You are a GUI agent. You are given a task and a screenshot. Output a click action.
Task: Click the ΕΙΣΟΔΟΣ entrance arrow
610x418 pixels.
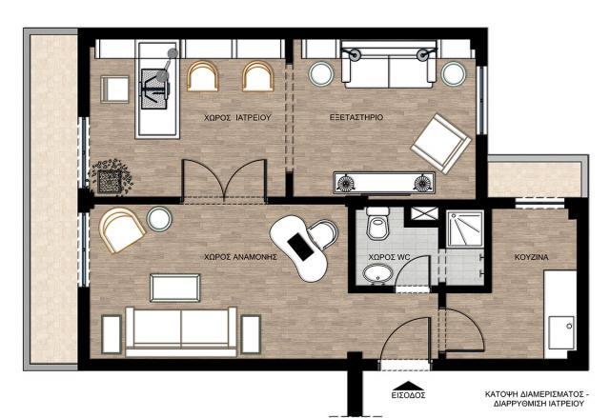pos(408,386)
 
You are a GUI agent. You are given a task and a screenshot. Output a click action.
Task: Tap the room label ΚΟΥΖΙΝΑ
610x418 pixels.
pos(532,257)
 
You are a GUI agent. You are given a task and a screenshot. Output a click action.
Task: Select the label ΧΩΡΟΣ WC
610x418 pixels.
pos(389,257)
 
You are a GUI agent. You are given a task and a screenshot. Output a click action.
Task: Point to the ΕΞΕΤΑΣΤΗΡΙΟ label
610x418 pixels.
pos(356,117)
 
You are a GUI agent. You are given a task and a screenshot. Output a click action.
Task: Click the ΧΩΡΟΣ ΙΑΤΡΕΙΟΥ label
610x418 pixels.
pos(237,117)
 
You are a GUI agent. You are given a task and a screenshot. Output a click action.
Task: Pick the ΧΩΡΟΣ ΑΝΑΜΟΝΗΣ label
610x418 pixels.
pos(240,257)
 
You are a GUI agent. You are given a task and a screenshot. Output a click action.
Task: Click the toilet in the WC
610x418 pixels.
pos(377,223)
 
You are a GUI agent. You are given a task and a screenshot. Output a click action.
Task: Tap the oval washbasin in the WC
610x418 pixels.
pos(378,273)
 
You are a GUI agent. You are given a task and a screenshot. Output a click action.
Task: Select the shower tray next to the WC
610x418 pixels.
pos(464,229)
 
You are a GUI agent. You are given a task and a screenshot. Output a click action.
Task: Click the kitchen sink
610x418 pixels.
pos(561,332)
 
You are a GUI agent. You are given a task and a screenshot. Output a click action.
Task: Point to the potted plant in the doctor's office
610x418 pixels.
pos(111,177)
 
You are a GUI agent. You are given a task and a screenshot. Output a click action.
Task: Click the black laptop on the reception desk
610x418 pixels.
pos(300,247)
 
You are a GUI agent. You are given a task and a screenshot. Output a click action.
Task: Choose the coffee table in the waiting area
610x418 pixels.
pos(175,288)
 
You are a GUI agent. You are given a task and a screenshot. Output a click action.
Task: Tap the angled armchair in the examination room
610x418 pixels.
pos(441,144)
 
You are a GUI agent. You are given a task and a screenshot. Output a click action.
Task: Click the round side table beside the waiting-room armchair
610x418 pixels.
pos(159,219)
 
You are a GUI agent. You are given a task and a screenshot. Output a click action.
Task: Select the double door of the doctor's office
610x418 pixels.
pos(224,181)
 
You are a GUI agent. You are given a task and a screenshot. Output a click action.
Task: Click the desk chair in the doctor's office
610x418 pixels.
pos(154,89)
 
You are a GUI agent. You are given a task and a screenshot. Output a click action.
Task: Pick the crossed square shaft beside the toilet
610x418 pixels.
pos(424,213)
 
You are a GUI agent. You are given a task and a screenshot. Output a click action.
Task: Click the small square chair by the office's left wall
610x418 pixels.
pos(114,90)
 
